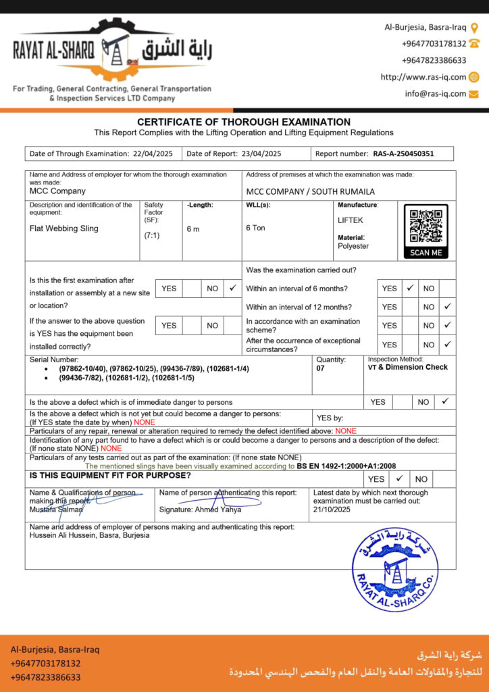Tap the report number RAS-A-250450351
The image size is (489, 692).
(x=403, y=153)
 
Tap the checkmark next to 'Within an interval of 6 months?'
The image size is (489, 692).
(x=409, y=288)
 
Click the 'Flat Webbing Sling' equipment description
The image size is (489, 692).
(x=64, y=228)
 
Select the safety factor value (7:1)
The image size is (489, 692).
(x=152, y=236)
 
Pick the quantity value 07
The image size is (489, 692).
(x=321, y=369)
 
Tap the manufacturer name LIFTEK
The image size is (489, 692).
(x=351, y=220)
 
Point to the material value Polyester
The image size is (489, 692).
(x=353, y=246)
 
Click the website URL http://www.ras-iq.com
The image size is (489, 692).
(x=423, y=77)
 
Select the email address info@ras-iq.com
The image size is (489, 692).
(x=436, y=94)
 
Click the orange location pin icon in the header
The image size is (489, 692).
(x=474, y=28)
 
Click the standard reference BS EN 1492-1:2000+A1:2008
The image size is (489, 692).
(x=346, y=466)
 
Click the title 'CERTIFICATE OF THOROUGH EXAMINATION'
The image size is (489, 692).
(x=244, y=122)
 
